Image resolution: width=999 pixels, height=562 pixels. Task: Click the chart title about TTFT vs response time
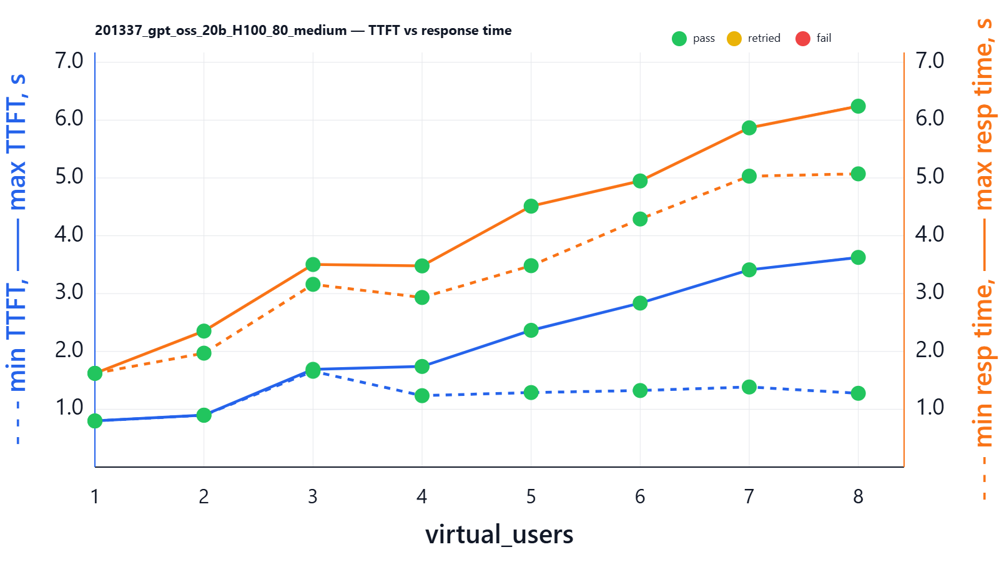coord(303,31)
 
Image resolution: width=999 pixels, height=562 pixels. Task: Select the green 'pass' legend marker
coord(679,39)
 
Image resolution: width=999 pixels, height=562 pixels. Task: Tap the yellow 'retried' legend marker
coord(734,39)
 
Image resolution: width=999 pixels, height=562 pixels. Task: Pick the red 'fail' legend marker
coord(803,39)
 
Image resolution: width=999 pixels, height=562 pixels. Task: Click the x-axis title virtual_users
coord(499,535)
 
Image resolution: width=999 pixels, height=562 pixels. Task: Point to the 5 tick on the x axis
coord(531,496)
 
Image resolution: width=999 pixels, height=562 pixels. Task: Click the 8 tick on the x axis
coord(858,496)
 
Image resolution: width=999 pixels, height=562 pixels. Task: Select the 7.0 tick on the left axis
coord(69,61)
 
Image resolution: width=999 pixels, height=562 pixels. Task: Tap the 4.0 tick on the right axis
coord(930,234)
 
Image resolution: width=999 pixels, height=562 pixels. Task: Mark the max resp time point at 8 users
coord(858,106)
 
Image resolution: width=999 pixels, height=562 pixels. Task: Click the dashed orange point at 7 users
coord(749,176)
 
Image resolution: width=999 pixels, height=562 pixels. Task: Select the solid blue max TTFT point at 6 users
coord(640,303)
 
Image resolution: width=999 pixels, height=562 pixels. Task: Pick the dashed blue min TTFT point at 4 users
coord(422,395)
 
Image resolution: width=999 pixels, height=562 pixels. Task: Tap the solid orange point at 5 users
coord(531,206)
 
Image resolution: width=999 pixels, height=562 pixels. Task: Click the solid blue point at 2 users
coord(204,415)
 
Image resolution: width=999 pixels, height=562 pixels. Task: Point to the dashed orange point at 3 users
coord(313,284)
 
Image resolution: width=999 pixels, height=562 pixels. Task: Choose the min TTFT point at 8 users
coord(858,393)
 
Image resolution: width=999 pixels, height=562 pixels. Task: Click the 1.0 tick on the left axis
coord(69,407)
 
